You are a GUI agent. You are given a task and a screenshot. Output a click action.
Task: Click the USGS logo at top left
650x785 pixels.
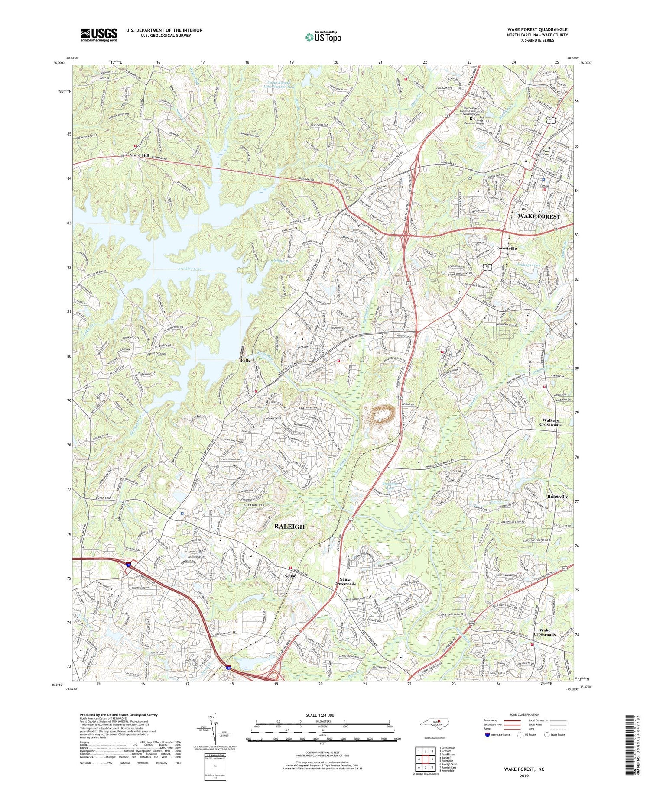pyautogui.click(x=98, y=35)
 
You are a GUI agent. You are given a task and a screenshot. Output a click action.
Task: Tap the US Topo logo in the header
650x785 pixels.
pyautogui.click(x=323, y=37)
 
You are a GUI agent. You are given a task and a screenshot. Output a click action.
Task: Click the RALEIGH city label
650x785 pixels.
pyautogui.click(x=289, y=527)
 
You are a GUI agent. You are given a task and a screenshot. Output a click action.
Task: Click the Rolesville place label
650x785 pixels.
pyautogui.click(x=560, y=497)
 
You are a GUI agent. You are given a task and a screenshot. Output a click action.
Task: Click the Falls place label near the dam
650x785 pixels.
pyautogui.click(x=245, y=360)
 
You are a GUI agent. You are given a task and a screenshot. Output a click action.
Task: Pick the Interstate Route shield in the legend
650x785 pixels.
pyautogui.click(x=487, y=735)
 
